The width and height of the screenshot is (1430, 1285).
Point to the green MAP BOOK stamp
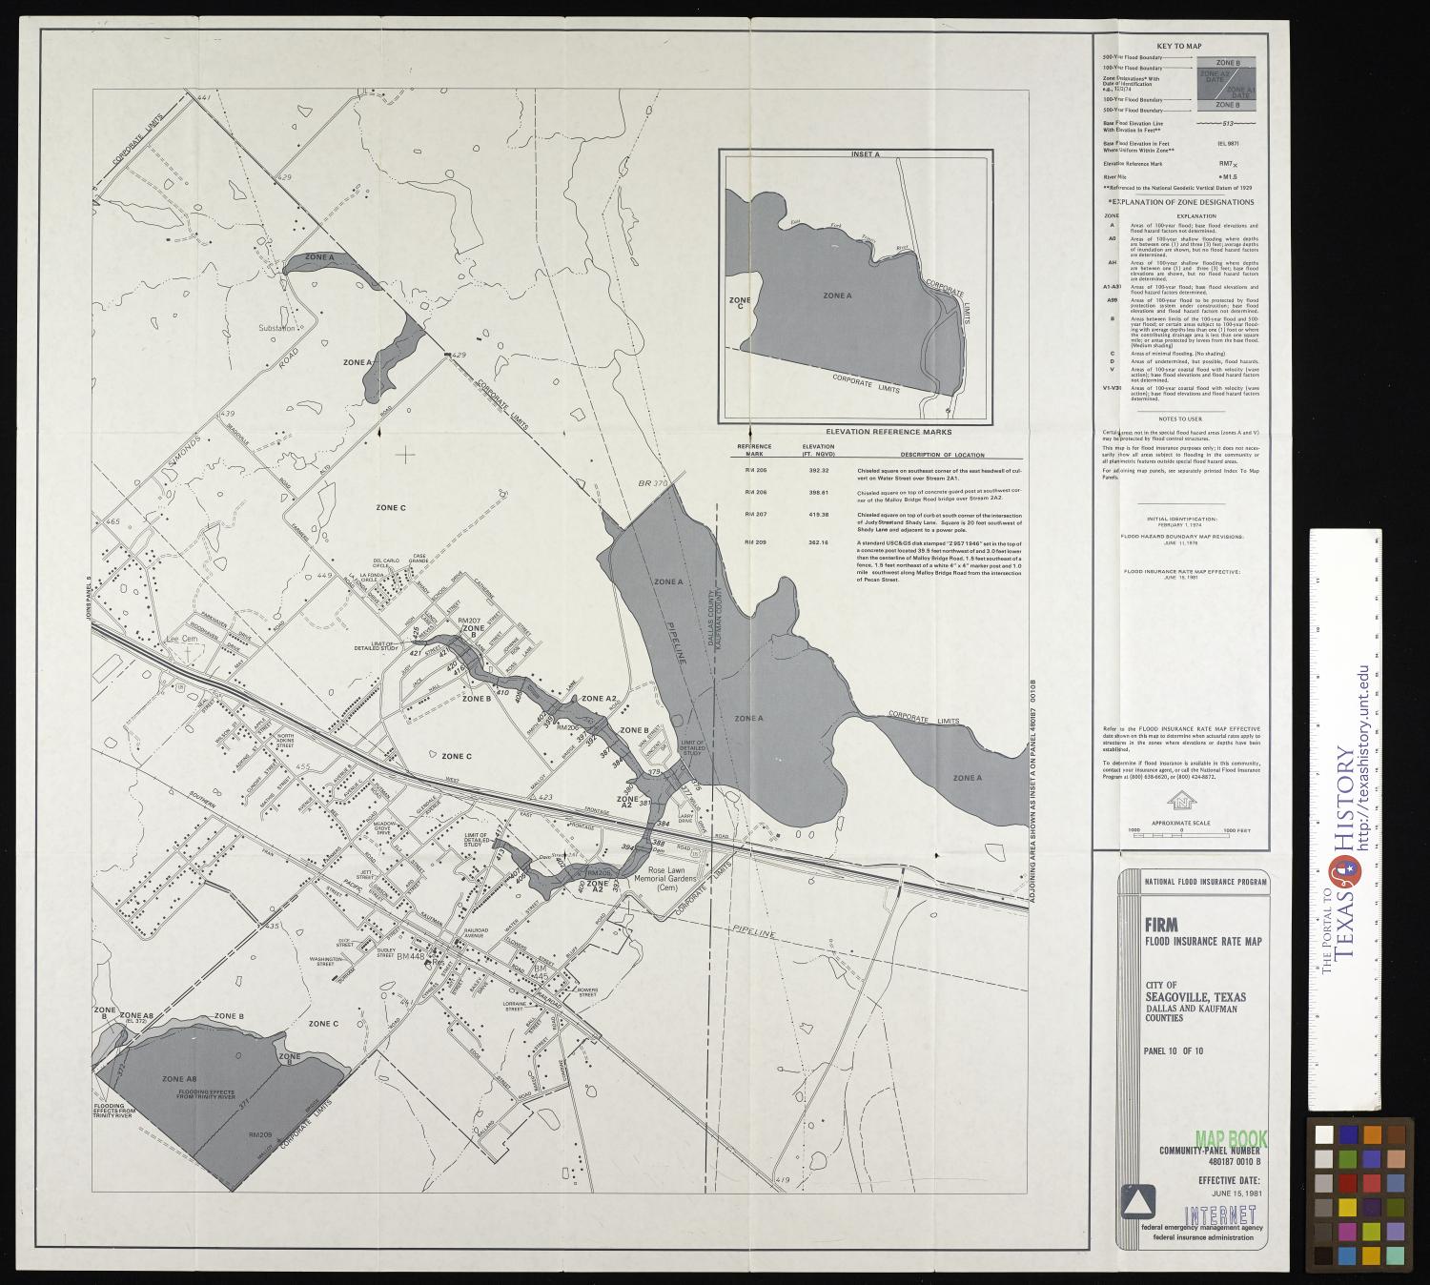[1231, 1139]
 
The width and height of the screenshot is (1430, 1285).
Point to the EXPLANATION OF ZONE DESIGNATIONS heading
[1180, 202]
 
